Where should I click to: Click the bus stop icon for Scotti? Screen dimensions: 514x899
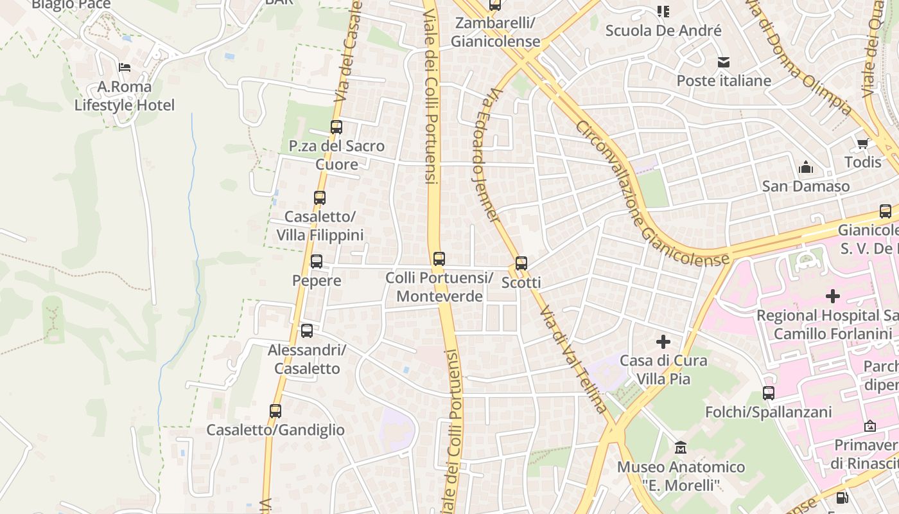pos(521,263)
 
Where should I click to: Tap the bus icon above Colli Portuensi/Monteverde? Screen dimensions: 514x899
pos(439,259)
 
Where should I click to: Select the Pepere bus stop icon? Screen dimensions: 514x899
pos(317,261)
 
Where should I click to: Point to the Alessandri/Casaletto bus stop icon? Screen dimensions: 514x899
pos(307,331)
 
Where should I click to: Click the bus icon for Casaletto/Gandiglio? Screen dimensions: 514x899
pos(275,411)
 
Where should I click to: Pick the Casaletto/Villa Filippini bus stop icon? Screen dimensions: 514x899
pos(320,198)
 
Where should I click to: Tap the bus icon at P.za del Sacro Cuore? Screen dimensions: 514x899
pos(336,127)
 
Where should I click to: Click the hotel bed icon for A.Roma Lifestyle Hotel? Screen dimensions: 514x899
pos(125,67)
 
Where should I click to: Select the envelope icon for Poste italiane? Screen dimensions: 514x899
pos(724,62)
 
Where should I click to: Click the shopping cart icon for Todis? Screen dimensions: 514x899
pos(862,143)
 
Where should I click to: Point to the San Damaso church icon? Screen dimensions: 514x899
pos(806,168)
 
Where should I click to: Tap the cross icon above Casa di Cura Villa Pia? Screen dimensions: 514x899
pos(663,341)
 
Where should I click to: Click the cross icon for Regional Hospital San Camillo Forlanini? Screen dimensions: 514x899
pos(833,296)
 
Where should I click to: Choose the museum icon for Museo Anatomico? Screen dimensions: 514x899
pos(681,447)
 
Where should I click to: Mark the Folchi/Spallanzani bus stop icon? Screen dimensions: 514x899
pos(769,393)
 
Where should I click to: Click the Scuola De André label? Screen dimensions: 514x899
pos(663,30)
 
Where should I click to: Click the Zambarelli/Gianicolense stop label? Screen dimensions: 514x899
pos(495,32)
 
